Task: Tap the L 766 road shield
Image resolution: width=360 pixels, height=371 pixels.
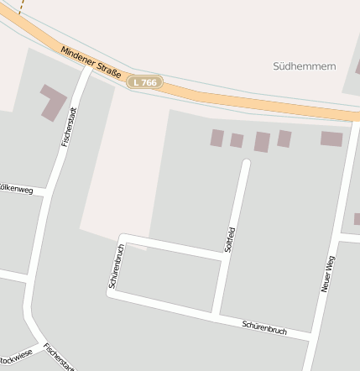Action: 144,82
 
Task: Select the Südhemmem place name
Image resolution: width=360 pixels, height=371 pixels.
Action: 304,65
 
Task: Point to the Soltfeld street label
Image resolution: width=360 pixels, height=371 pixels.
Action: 229,239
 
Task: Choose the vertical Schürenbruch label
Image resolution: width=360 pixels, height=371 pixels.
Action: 117,266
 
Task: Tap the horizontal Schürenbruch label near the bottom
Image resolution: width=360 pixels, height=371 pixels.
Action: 264,327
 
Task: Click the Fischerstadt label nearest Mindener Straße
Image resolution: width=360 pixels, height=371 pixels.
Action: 70,126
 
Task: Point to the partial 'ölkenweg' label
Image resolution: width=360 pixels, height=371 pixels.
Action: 16,190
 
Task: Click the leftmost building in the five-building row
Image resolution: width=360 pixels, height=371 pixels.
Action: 217,138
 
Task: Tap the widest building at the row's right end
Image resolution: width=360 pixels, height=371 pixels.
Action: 331,138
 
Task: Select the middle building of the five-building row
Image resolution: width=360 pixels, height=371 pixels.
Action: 262,141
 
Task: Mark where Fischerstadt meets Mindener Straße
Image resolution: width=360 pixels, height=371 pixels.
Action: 87,70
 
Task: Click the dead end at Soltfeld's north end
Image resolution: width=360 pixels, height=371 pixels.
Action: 246,162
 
